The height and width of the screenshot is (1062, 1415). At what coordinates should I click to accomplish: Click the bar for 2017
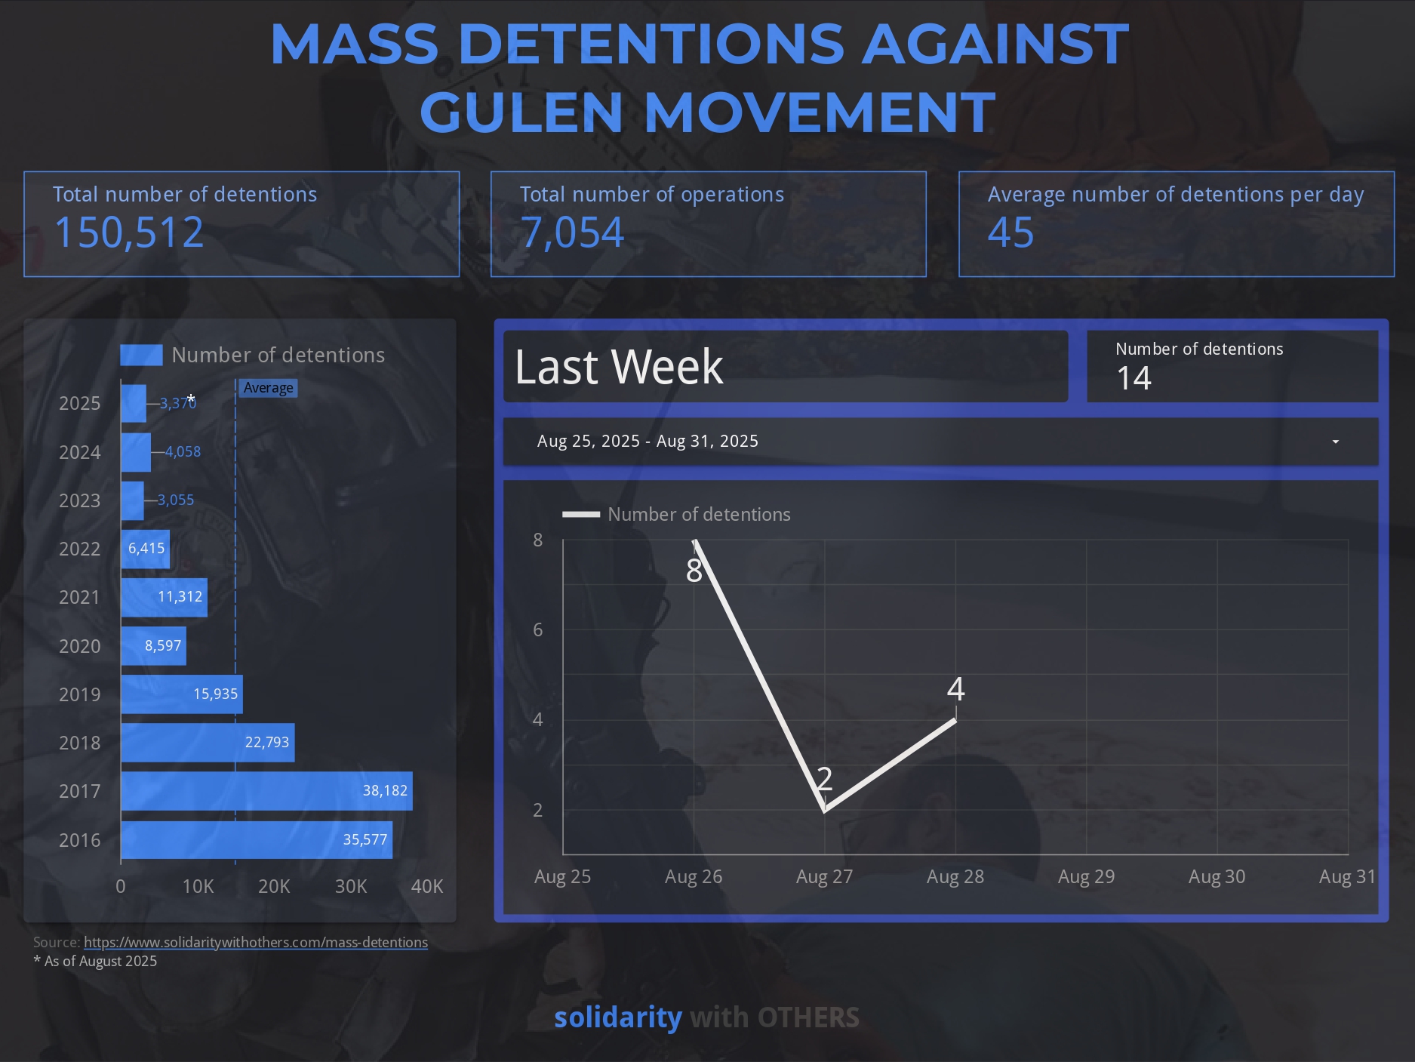pyautogui.click(x=266, y=791)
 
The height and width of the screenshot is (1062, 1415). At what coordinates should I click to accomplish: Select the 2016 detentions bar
pyautogui.click(x=257, y=839)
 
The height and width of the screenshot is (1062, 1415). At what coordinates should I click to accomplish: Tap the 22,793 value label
pyautogui.click(x=267, y=743)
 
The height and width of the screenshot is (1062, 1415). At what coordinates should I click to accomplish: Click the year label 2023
pyautogui.click(x=79, y=500)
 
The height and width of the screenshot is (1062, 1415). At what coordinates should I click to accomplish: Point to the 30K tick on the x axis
pyautogui.click(x=351, y=886)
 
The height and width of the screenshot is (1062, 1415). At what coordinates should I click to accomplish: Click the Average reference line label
pyautogui.click(x=269, y=388)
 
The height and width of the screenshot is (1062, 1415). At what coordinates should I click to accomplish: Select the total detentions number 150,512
pyautogui.click(x=129, y=232)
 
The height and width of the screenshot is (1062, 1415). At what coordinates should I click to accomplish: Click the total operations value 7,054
pyautogui.click(x=572, y=232)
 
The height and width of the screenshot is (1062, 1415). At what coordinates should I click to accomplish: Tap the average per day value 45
pyautogui.click(x=1010, y=232)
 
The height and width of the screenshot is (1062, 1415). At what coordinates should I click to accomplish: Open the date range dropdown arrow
pyautogui.click(x=1335, y=442)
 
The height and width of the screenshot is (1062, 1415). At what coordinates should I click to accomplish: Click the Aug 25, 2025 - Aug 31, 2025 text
pyautogui.click(x=648, y=442)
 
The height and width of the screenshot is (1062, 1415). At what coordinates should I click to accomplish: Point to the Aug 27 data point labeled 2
pyautogui.click(x=824, y=810)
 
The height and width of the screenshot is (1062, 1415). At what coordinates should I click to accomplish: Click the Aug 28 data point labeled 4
pyautogui.click(x=955, y=719)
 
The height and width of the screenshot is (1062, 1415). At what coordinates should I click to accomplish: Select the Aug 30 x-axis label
pyautogui.click(x=1217, y=877)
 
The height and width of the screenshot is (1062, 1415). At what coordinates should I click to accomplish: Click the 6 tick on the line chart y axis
pyautogui.click(x=537, y=630)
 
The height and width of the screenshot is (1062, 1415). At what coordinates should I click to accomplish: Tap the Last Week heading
pyautogui.click(x=619, y=367)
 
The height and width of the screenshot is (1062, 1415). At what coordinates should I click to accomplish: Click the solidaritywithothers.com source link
pyautogui.click(x=256, y=942)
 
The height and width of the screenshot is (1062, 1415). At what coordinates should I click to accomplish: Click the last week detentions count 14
pyautogui.click(x=1134, y=378)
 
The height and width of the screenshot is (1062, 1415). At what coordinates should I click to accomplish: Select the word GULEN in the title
pyautogui.click(x=521, y=112)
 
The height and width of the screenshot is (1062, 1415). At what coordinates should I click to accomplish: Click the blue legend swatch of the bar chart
pyautogui.click(x=141, y=355)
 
